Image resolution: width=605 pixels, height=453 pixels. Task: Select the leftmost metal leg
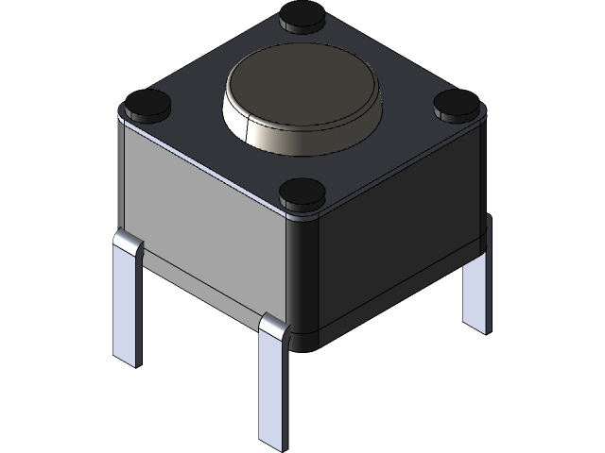(127, 302)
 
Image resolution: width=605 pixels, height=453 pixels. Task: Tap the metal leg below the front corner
(274, 387)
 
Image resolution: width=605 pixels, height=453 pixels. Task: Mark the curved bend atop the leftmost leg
(128, 245)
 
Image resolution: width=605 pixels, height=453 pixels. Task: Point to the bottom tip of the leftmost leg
(127, 359)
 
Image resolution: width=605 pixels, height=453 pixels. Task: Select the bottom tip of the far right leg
(478, 327)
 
